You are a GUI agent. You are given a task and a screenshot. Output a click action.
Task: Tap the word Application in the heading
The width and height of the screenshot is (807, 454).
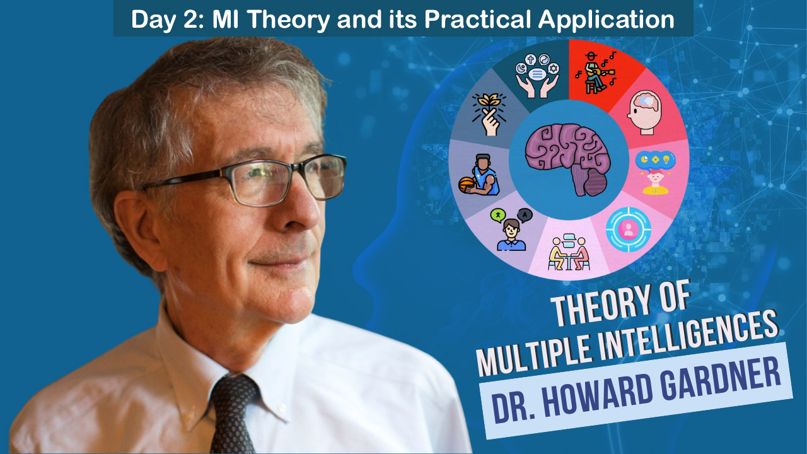[606, 20]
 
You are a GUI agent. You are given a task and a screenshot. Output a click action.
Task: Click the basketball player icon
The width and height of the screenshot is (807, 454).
[479, 175]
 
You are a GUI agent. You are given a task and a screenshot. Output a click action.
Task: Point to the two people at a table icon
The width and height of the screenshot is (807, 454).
[569, 252]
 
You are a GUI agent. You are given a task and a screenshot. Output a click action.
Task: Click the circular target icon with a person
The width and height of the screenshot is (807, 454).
[628, 230]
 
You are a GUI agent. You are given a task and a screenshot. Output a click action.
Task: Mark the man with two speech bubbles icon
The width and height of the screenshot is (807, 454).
[511, 230]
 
